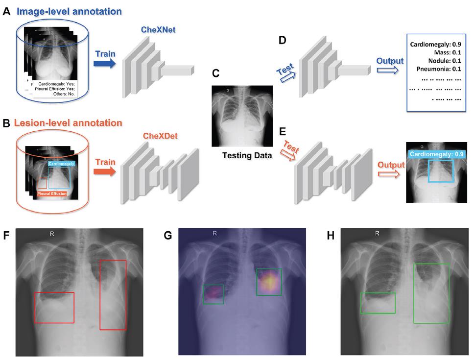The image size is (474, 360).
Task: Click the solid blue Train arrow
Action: tap(104, 63)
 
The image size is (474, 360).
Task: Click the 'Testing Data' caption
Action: tap(240, 155)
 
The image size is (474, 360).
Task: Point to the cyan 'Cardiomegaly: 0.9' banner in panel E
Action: tap(437, 154)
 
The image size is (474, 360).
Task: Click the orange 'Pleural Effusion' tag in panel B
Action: tap(51, 194)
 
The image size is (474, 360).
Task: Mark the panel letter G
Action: tap(168, 236)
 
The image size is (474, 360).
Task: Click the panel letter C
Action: tap(215, 74)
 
